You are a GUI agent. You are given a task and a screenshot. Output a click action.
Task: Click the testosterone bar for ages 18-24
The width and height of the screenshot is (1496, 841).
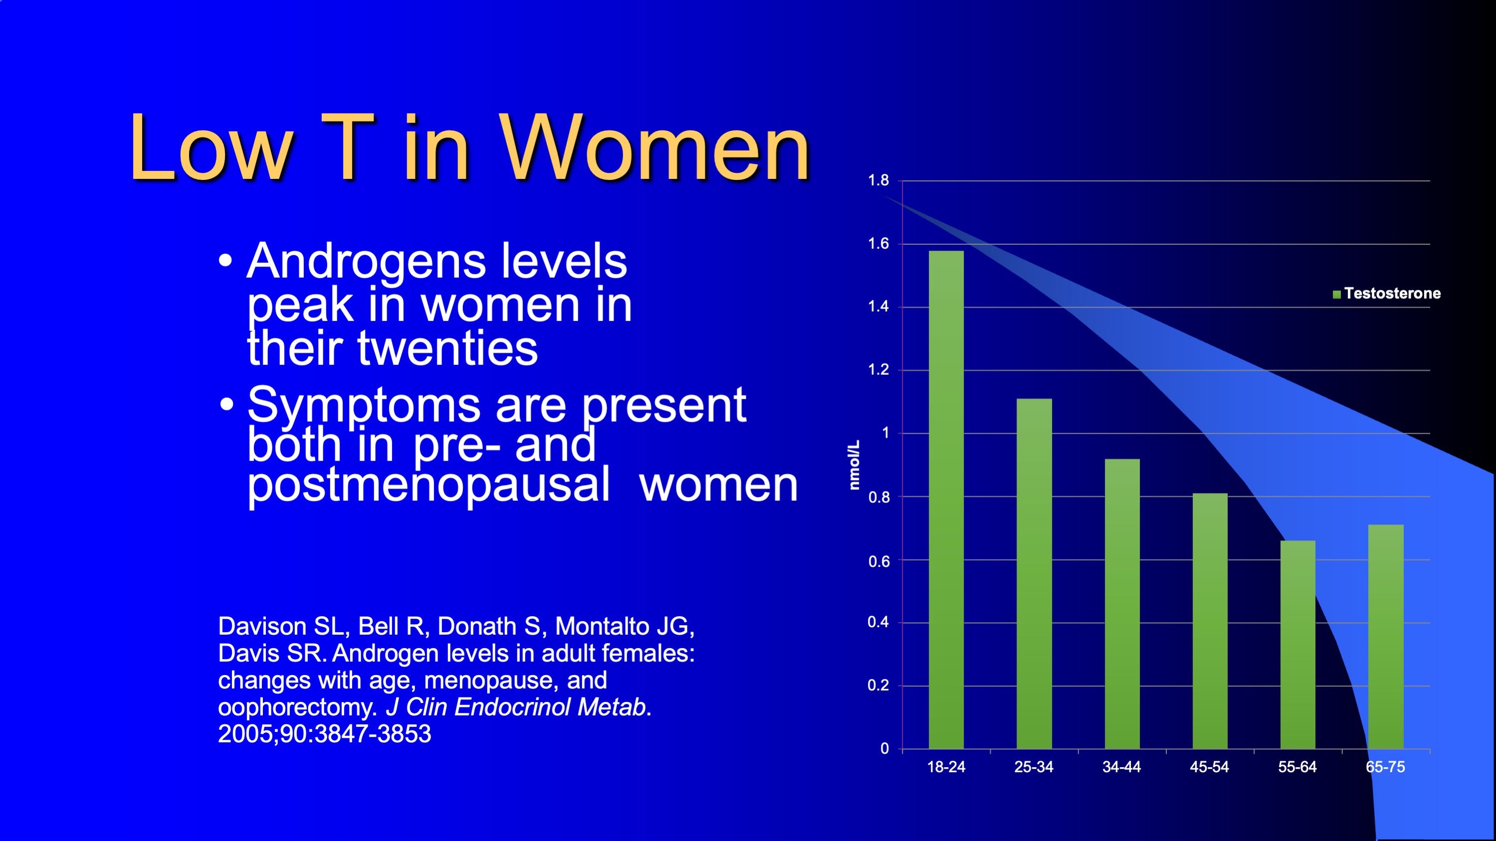tap(946, 500)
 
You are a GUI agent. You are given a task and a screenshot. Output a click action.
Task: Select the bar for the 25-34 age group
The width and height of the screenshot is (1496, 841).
tap(1034, 573)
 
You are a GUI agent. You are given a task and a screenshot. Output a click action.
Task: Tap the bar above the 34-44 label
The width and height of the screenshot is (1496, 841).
tap(1122, 604)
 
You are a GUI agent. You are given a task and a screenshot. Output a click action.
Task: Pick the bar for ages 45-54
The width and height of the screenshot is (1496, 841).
tap(1210, 621)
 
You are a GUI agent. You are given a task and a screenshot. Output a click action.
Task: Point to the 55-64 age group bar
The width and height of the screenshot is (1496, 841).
tap(1297, 645)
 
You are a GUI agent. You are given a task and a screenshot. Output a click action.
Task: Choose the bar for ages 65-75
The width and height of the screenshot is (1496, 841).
tap(1386, 637)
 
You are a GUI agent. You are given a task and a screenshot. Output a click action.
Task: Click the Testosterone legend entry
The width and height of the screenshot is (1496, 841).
tap(1387, 293)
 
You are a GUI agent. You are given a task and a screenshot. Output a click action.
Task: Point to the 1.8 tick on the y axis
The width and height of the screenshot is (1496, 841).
tap(878, 180)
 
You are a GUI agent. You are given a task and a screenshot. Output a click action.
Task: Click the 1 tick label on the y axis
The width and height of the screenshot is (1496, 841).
tap(885, 433)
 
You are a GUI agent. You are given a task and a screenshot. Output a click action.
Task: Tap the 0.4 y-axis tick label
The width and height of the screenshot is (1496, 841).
tap(878, 622)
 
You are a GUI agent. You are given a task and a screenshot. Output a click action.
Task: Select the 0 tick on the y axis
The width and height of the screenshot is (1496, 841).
tap(884, 749)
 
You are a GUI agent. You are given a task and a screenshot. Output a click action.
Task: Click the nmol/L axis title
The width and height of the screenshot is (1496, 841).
tap(854, 465)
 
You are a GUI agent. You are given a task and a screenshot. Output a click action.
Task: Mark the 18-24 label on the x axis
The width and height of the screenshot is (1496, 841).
tap(946, 767)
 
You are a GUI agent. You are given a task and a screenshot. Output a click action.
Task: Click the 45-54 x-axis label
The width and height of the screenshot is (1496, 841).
tap(1210, 767)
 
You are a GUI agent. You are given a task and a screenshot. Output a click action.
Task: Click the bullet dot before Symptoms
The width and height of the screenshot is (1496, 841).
tap(226, 404)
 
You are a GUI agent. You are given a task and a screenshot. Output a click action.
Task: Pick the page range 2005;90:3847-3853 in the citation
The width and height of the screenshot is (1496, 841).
tap(325, 734)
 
